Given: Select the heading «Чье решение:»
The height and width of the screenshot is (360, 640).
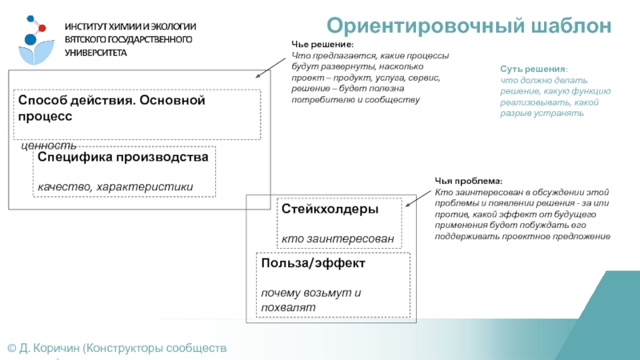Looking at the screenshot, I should pyautogui.click(x=320, y=46).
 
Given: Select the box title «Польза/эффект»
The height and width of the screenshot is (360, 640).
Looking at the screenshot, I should pyautogui.click(x=313, y=263).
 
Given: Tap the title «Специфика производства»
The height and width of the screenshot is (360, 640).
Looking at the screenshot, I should pyautogui.click(x=123, y=158).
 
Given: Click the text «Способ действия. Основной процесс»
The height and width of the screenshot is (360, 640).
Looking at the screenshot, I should pyautogui.click(x=112, y=108).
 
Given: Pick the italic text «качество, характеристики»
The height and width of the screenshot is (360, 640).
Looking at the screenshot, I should pyautogui.click(x=115, y=187).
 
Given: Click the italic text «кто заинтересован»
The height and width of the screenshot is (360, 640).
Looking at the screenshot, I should pyautogui.click(x=337, y=239).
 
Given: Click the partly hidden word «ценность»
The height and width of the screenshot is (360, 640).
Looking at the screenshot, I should pyautogui.click(x=48, y=146).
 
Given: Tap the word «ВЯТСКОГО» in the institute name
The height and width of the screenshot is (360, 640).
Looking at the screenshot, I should pyautogui.click(x=89, y=39).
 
